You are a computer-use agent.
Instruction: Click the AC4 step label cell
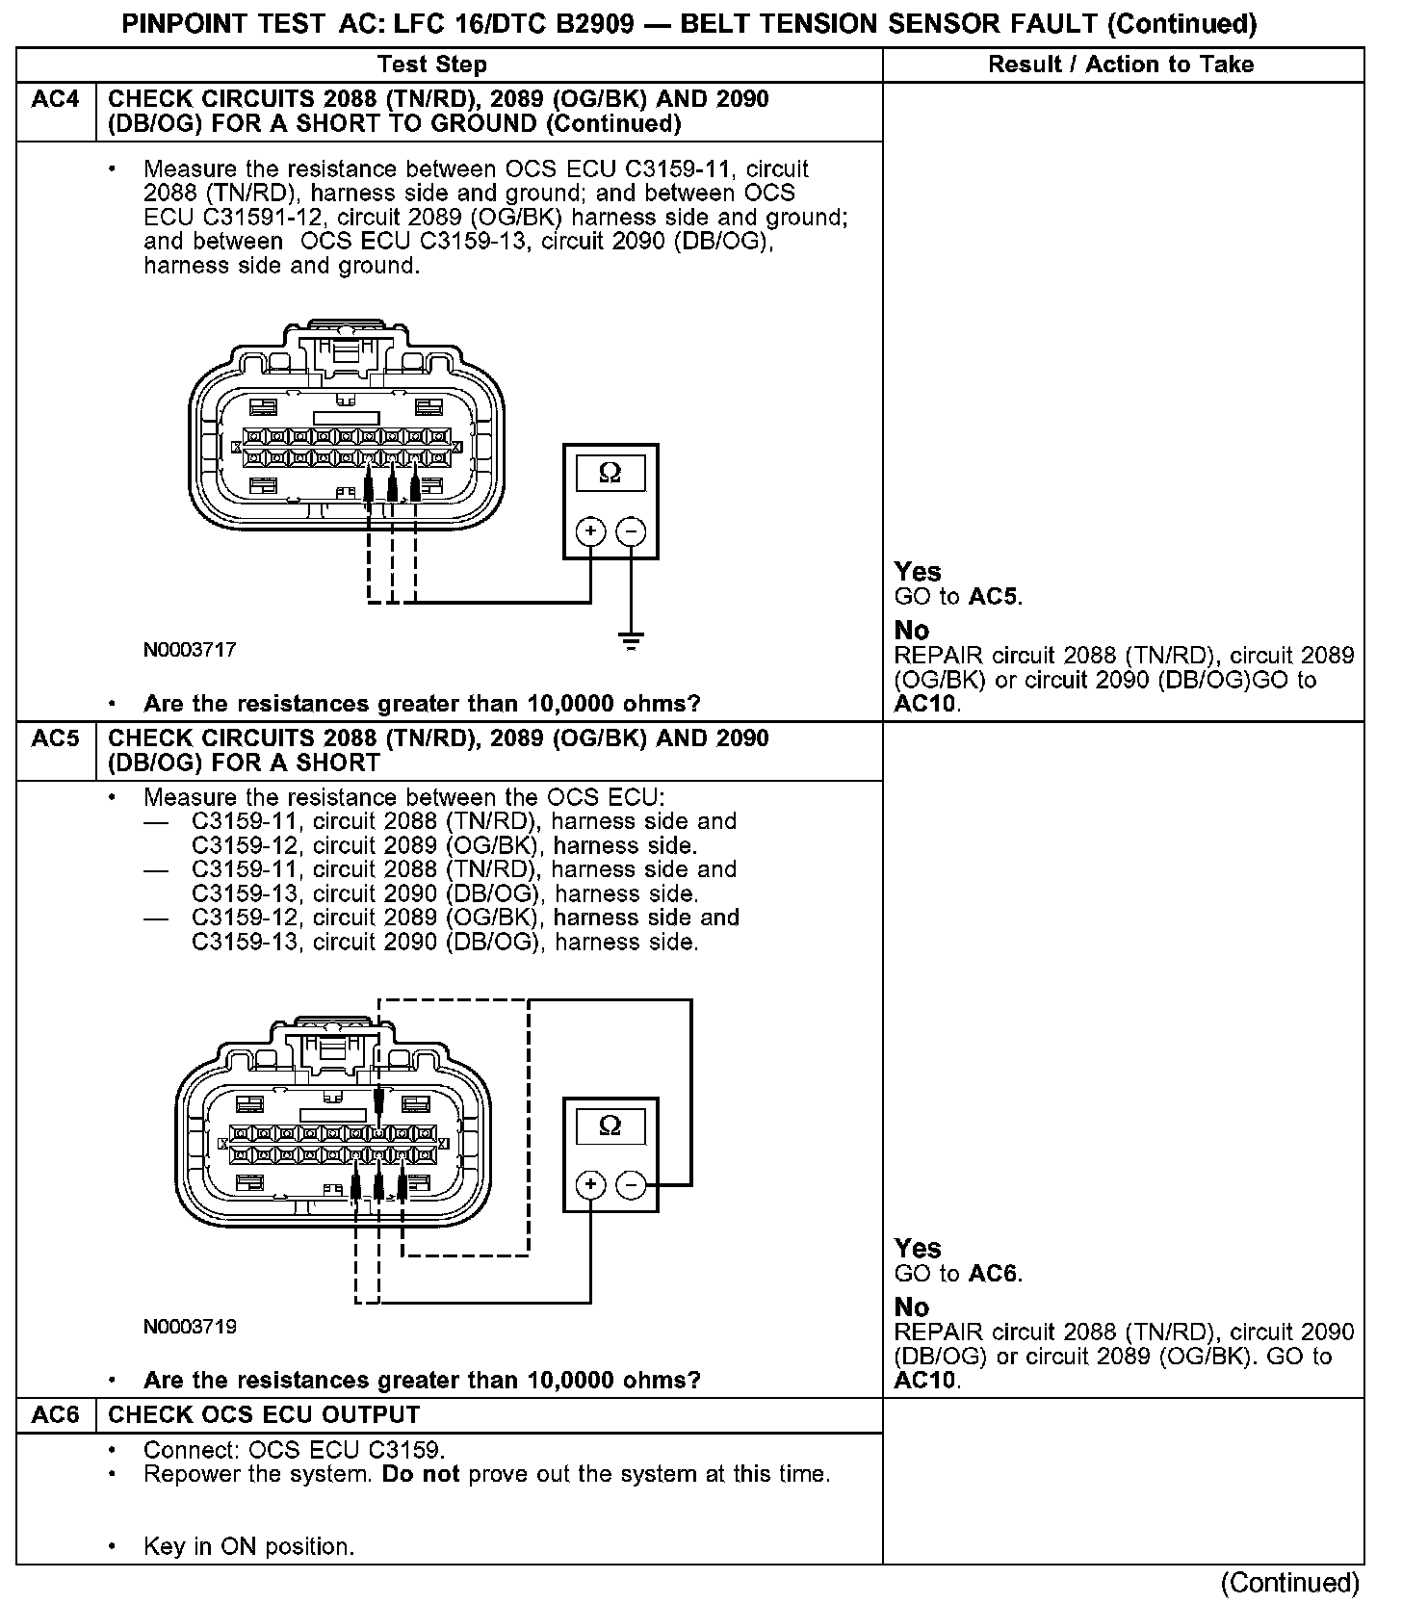(56, 100)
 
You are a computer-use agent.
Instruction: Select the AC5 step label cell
(56, 738)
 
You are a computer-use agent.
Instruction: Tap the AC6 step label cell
(56, 1414)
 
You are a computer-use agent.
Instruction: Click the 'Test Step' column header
(432, 65)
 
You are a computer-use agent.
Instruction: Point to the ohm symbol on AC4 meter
(610, 473)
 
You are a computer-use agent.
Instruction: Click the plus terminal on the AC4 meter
(590, 531)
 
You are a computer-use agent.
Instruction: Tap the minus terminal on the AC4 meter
(631, 531)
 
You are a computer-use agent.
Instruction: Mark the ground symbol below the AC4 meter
(631, 640)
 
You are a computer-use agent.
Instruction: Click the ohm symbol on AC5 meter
(610, 1125)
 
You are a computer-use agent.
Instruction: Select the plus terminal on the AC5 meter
(590, 1184)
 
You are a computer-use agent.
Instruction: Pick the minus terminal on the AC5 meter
(631, 1184)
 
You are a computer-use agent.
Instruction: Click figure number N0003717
(190, 650)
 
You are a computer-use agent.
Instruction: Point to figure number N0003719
(190, 1327)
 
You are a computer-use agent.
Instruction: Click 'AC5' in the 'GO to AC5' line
(992, 597)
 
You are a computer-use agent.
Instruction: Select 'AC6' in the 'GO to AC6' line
(992, 1274)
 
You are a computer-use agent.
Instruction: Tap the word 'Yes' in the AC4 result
(918, 572)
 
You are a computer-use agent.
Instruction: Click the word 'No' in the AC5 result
(912, 1307)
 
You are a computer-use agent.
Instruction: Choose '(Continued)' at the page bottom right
(1289, 1583)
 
